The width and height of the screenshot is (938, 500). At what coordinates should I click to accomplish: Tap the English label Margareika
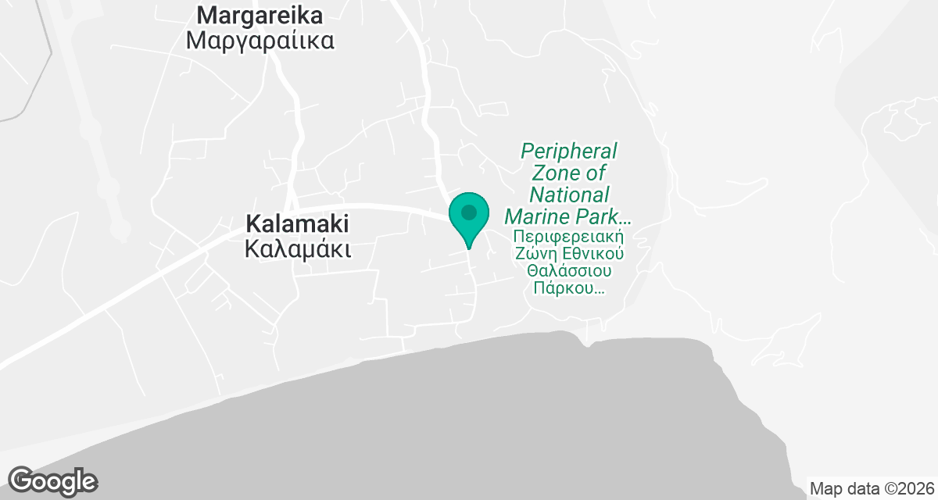260,15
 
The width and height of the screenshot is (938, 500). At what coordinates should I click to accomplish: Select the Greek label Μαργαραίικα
260,41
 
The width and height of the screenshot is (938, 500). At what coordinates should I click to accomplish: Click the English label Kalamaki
297,223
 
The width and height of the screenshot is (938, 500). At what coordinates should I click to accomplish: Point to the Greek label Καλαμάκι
297,249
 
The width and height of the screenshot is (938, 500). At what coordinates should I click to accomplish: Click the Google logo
52,480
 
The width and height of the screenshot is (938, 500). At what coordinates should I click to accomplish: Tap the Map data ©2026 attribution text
872,489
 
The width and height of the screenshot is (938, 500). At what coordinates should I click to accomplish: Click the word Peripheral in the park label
569,150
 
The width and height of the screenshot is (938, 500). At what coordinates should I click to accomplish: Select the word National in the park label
569,194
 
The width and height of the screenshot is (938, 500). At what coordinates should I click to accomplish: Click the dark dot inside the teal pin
469,212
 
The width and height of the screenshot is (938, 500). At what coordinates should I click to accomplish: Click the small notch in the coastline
588,345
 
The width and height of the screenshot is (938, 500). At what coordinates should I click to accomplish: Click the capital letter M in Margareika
206,15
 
